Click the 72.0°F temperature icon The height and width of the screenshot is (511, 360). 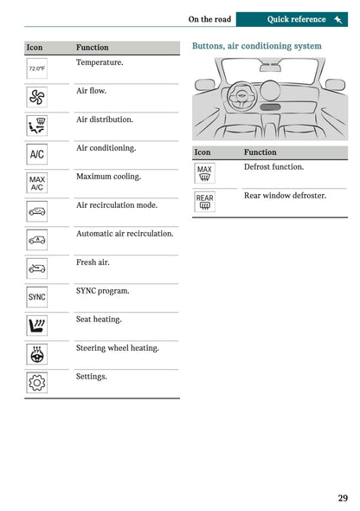[x=37, y=68]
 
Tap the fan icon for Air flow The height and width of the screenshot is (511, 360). [x=37, y=97]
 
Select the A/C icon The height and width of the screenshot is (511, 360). [x=37, y=154]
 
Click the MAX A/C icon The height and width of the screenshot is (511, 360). [x=37, y=183]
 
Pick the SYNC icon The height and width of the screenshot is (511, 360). [x=37, y=297]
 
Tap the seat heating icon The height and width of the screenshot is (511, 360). [x=37, y=326]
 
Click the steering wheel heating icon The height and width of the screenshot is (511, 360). [x=37, y=354]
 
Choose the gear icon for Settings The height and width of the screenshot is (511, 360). [x=37, y=382]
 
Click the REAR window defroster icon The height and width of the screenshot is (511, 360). [x=204, y=202]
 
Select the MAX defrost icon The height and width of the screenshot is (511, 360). [x=204, y=173]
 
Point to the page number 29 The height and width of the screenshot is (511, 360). [x=343, y=498]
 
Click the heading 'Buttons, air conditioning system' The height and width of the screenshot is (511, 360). [x=256, y=46]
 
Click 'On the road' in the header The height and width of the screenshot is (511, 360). [x=209, y=19]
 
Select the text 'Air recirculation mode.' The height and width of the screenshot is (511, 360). [x=117, y=205]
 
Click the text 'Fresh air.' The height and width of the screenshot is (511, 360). [x=93, y=262]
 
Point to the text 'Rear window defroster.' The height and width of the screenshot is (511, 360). [x=285, y=196]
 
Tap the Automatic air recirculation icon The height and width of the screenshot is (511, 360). [x=37, y=240]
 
